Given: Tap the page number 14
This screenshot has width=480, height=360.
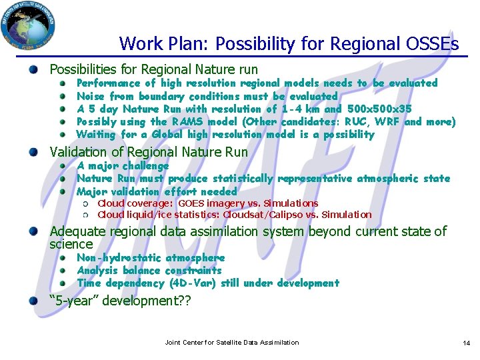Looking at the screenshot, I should tap(466, 343).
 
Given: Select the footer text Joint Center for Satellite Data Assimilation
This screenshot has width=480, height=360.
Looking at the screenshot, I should tap(231, 343).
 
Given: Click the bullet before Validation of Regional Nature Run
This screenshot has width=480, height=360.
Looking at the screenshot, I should tap(42, 152).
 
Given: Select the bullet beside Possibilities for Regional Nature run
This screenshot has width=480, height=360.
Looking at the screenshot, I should tap(42, 69).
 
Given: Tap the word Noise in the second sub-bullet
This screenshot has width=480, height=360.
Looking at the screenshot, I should tap(91, 96).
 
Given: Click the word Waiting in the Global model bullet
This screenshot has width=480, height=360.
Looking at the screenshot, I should tap(97, 135).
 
